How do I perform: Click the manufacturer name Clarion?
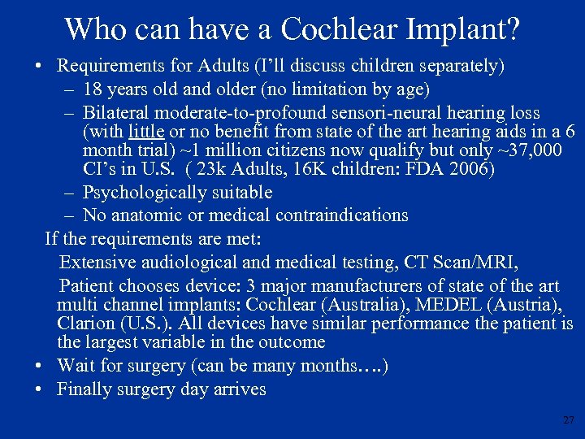(x=85, y=323)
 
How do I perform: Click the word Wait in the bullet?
(x=76, y=365)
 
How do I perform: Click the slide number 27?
(x=568, y=420)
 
